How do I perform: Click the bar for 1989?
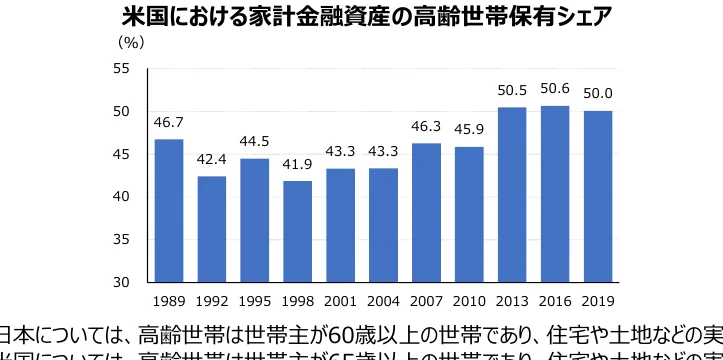(168, 210)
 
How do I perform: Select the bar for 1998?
(297, 231)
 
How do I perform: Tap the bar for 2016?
(554, 194)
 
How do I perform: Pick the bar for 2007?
(426, 212)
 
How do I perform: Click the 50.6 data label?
(554, 90)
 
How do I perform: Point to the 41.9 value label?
(297, 165)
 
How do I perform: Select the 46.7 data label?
(168, 123)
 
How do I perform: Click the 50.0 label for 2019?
(597, 94)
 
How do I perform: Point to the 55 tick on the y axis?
(121, 68)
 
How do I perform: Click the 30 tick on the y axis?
(121, 282)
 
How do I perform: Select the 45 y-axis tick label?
(121, 154)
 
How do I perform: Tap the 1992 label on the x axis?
(211, 299)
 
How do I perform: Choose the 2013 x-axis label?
(511, 299)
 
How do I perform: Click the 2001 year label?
(340, 299)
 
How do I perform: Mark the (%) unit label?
(131, 43)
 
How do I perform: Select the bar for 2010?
(469, 214)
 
